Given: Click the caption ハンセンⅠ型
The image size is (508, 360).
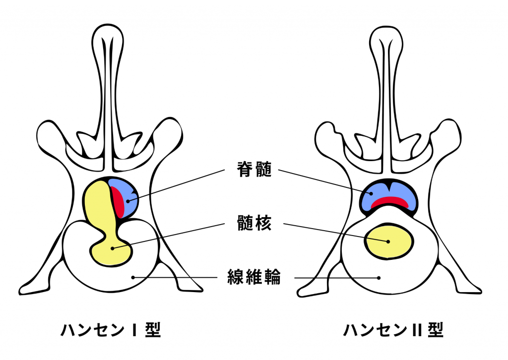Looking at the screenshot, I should coord(111,330).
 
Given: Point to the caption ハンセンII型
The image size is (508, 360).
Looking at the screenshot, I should coord(393,330).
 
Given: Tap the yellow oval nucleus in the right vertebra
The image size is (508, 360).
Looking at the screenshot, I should coord(388,241).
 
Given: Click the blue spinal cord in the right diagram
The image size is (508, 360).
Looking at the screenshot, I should coord(389,191).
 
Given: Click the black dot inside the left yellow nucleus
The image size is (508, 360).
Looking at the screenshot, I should coord(113,247).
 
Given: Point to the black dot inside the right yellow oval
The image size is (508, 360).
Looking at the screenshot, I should coord(388,241).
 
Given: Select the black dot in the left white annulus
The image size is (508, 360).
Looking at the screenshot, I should coord(132,277).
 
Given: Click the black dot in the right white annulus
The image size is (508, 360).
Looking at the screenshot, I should coord(379,277).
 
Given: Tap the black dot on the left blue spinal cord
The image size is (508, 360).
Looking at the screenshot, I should coord(127,201).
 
